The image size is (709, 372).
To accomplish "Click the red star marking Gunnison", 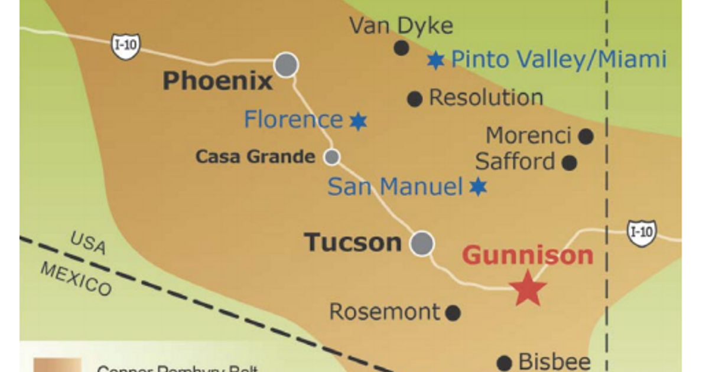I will [x=528, y=288].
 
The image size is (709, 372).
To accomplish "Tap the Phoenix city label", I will [x=217, y=81].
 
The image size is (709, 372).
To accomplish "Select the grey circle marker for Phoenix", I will [x=286, y=64].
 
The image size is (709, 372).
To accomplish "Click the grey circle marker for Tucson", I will [x=422, y=243].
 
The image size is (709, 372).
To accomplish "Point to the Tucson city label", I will [x=353, y=243].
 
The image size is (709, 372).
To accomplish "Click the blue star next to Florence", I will [x=357, y=121].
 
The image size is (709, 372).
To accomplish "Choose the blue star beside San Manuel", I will [x=478, y=187].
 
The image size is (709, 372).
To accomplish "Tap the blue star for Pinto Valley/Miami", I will [x=435, y=60].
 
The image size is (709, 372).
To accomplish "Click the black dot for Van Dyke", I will [x=401, y=48].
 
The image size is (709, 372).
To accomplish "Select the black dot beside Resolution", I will [x=415, y=99].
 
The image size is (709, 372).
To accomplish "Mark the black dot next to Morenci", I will [x=586, y=137].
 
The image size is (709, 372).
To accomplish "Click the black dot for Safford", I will [x=569, y=162].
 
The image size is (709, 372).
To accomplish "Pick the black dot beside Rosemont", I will [x=453, y=312].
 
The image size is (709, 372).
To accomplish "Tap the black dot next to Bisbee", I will [x=504, y=363].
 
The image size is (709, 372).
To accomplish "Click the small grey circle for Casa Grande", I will [x=332, y=156].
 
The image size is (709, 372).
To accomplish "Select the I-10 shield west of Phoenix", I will [x=126, y=46].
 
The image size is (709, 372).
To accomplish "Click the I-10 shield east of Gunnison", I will [x=642, y=233].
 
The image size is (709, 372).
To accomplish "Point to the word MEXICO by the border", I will [x=76, y=278].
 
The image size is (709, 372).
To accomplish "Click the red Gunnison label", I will [x=528, y=255].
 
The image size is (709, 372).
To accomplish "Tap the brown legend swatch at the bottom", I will [x=57, y=364].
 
